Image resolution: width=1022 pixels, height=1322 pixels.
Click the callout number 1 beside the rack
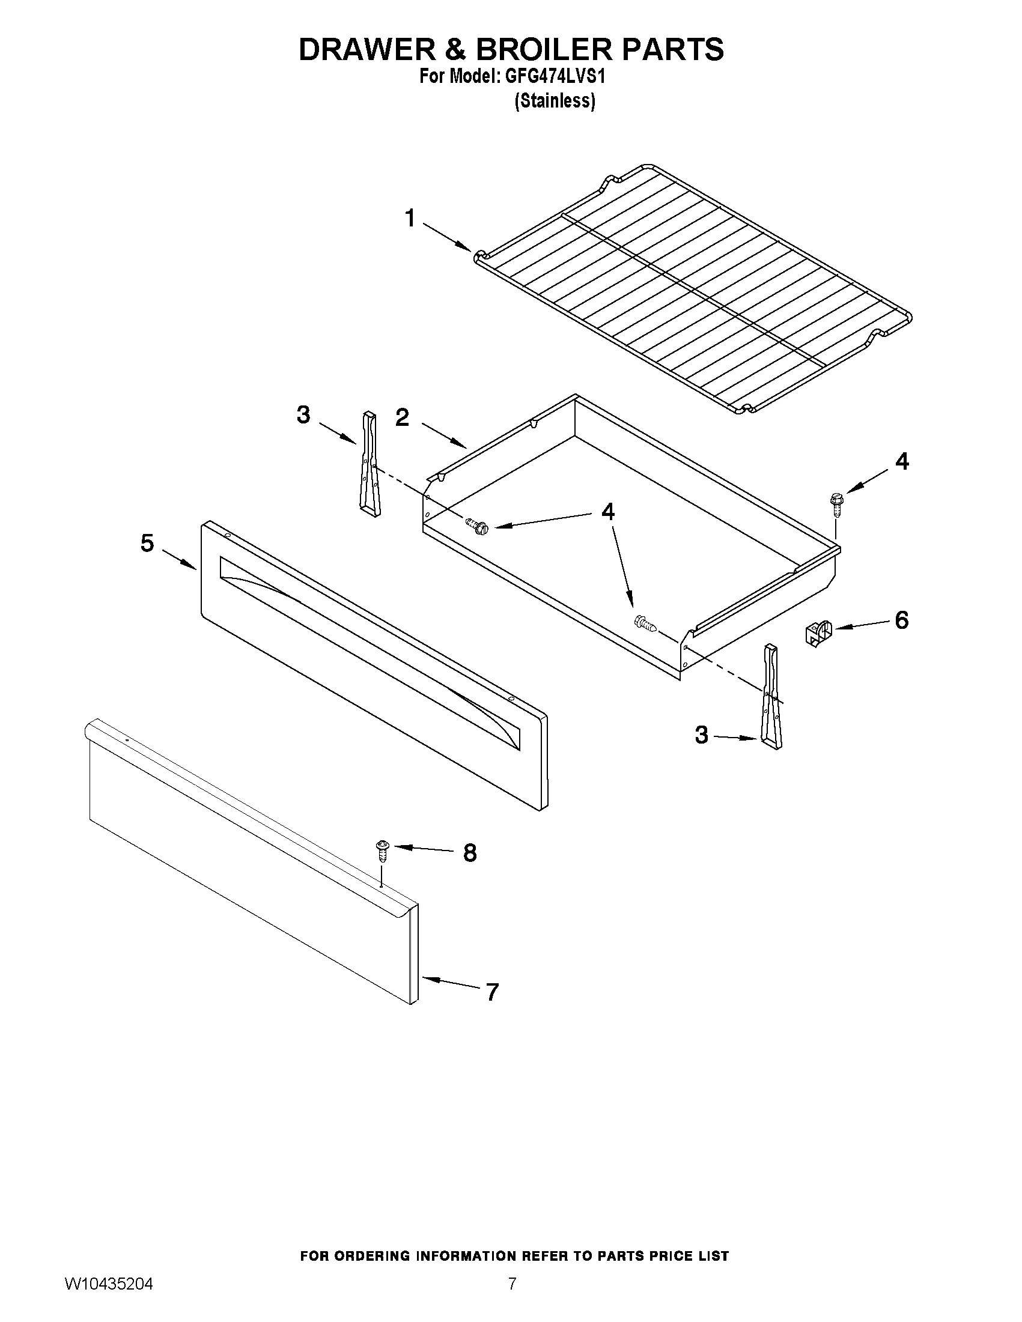coord(410,219)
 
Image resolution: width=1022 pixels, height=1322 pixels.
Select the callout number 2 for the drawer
coord(403,417)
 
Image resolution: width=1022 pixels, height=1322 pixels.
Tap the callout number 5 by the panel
coord(147,543)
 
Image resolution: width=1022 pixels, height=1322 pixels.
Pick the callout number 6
coord(901,620)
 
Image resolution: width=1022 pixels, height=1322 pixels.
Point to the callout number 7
coord(492,992)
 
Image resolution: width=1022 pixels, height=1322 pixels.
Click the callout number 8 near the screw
coord(470,853)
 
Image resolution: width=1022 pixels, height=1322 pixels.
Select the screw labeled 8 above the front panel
coord(382,851)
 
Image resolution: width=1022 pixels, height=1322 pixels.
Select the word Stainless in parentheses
coord(555,100)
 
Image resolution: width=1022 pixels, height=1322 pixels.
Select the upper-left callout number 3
coord(303,415)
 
